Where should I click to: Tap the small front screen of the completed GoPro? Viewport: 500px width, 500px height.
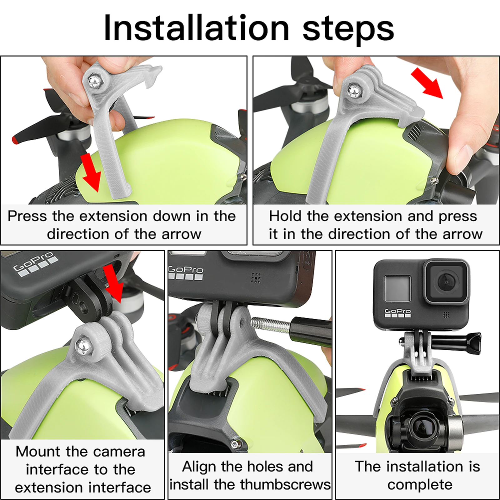coord(397,288)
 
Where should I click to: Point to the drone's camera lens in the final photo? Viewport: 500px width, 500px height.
coord(422,428)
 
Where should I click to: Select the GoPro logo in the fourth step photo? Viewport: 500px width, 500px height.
coord(186,272)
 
